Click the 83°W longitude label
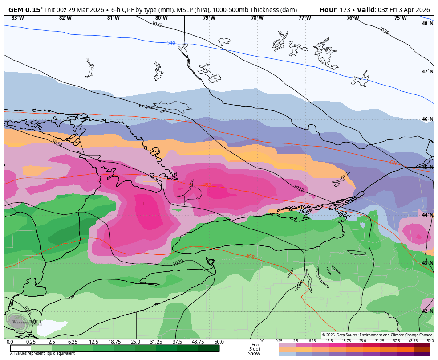(x=17, y=18)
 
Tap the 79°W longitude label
(x=209, y=18)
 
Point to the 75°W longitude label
(x=400, y=18)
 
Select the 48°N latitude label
(x=427, y=23)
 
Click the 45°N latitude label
(x=427, y=167)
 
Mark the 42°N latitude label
(x=427, y=311)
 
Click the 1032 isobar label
(x=157, y=25)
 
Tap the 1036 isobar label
(x=384, y=30)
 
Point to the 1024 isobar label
(x=57, y=143)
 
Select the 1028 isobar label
(x=298, y=188)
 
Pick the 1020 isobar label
(x=178, y=262)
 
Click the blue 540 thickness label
(x=171, y=43)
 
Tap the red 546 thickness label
(x=393, y=163)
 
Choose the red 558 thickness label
(x=251, y=257)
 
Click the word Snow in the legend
(x=254, y=353)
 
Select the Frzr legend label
(x=255, y=344)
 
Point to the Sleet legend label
(x=254, y=349)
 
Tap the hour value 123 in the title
(x=344, y=10)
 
